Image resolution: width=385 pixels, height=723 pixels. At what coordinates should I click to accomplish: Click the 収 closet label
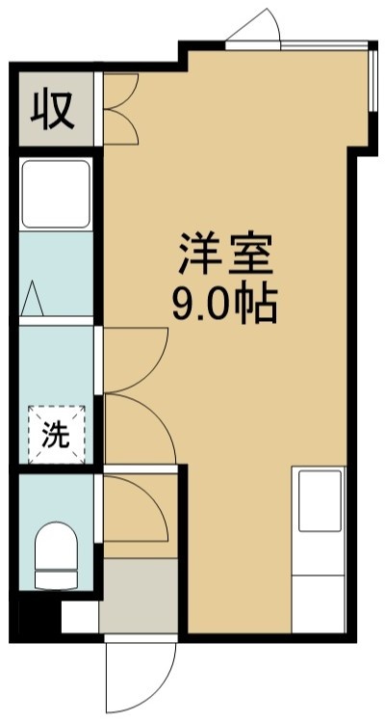[x=52, y=111]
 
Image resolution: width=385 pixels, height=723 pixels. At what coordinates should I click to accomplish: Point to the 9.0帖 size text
[x=224, y=306]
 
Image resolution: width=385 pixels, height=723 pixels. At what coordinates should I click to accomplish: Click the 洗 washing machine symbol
[x=56, y=435]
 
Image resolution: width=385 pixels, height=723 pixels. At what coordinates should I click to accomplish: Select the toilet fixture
[x=56, y=555]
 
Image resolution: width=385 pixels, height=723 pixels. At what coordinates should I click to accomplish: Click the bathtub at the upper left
[x=56, y=194]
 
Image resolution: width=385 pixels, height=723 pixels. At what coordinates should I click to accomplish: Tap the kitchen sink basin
[x=320, y=500]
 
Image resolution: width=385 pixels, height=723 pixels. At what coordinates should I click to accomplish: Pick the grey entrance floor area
[x=139, y=596]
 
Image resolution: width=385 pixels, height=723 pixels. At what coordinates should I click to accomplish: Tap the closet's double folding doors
[x=120, y=109]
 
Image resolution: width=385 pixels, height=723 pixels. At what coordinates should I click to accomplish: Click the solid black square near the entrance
[x=39, y=617]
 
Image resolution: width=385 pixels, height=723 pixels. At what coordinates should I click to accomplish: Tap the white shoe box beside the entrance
[x=80, y=617]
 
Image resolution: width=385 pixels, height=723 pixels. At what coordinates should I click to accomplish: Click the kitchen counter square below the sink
[x=319, y=603]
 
